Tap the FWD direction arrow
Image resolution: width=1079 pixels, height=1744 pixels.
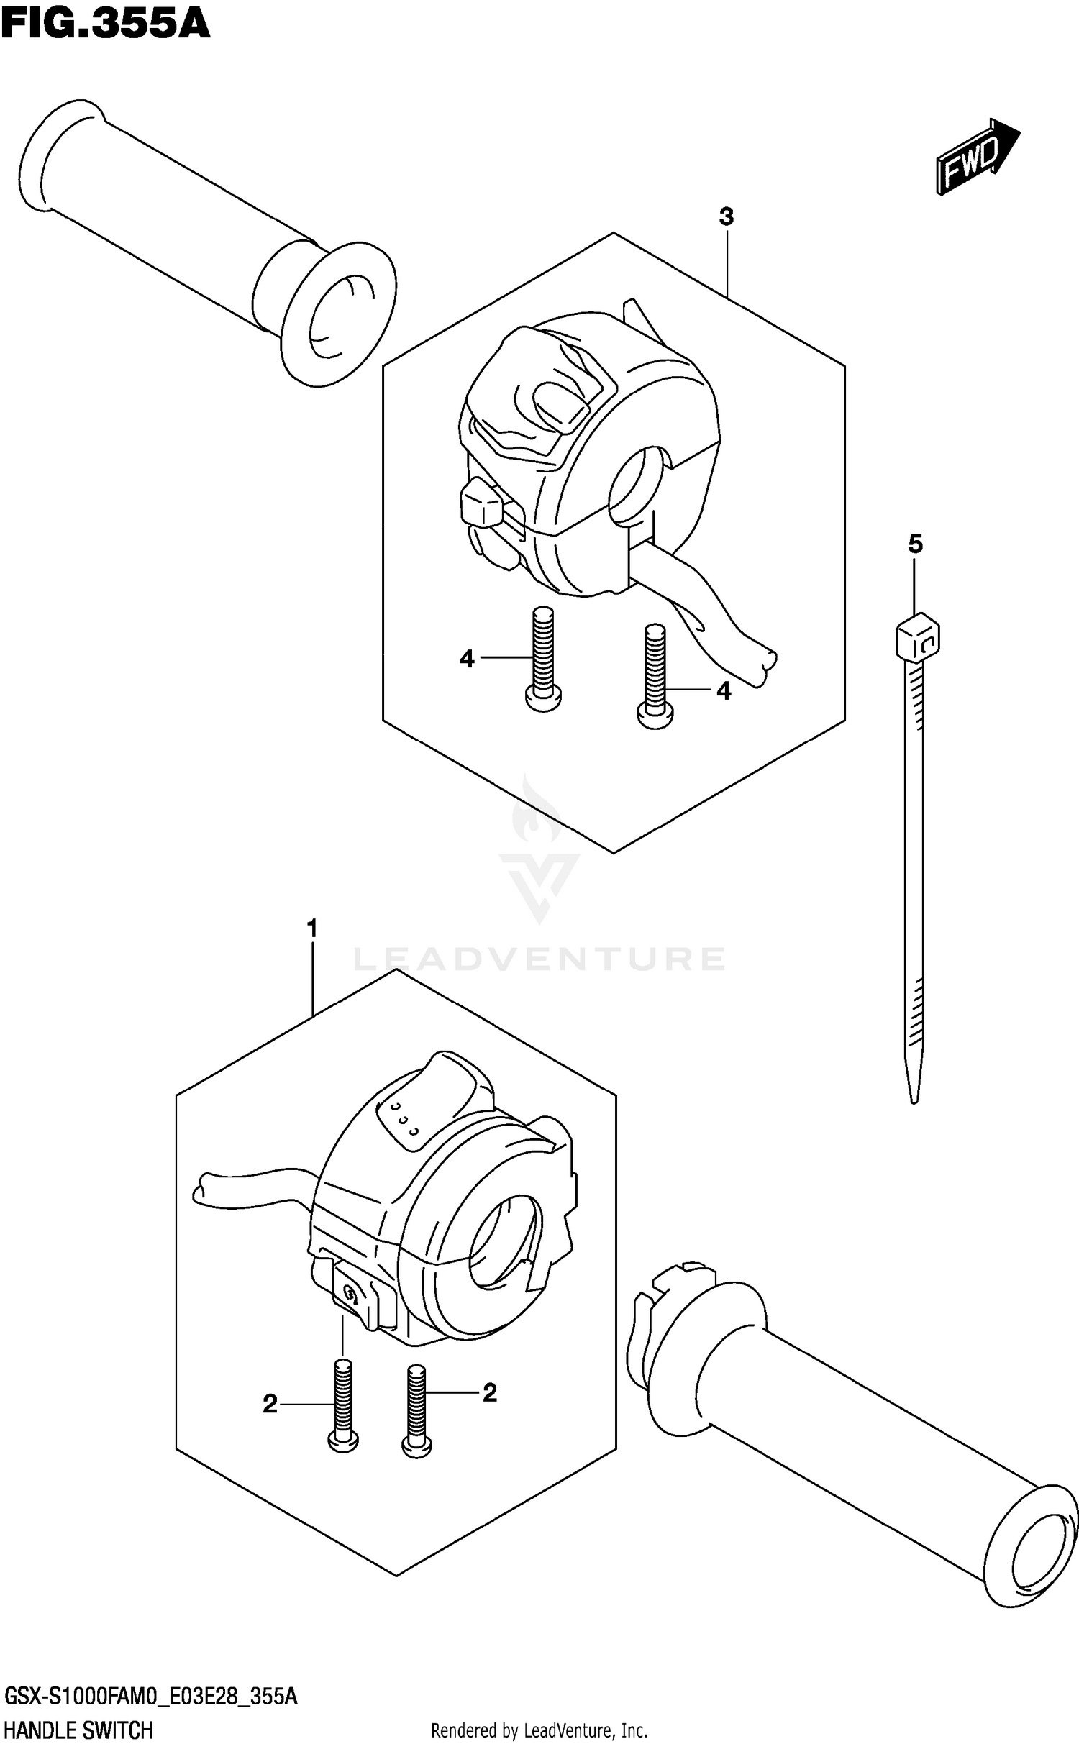pyautogui.click(x=976, y=156)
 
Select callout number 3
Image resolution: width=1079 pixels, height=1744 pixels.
pyautogui.click(x=726, y=216)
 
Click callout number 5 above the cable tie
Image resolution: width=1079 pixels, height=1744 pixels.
pyautogui.click(x=914, y=544)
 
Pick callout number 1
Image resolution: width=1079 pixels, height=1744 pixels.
pyautogui.click(x=311, y=929)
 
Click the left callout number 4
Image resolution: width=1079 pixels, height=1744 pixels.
pyautogui.click(x=468, y=658)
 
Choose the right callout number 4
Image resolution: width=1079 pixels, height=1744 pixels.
pyautogui.click(x=724, y=690)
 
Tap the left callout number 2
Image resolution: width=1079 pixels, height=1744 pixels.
pyautogui.click(x=270, y=1404)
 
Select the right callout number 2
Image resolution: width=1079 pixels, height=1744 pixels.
pyautogui.click(x=490, y=1393)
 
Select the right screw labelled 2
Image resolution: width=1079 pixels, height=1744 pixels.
pyautogui.click(x=416, y=1413)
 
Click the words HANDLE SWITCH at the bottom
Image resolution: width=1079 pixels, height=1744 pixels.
pyautogui.click(x=79, y=1729)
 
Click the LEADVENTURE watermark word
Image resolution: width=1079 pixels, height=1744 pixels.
pyautogui.click(x=539, y=959)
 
